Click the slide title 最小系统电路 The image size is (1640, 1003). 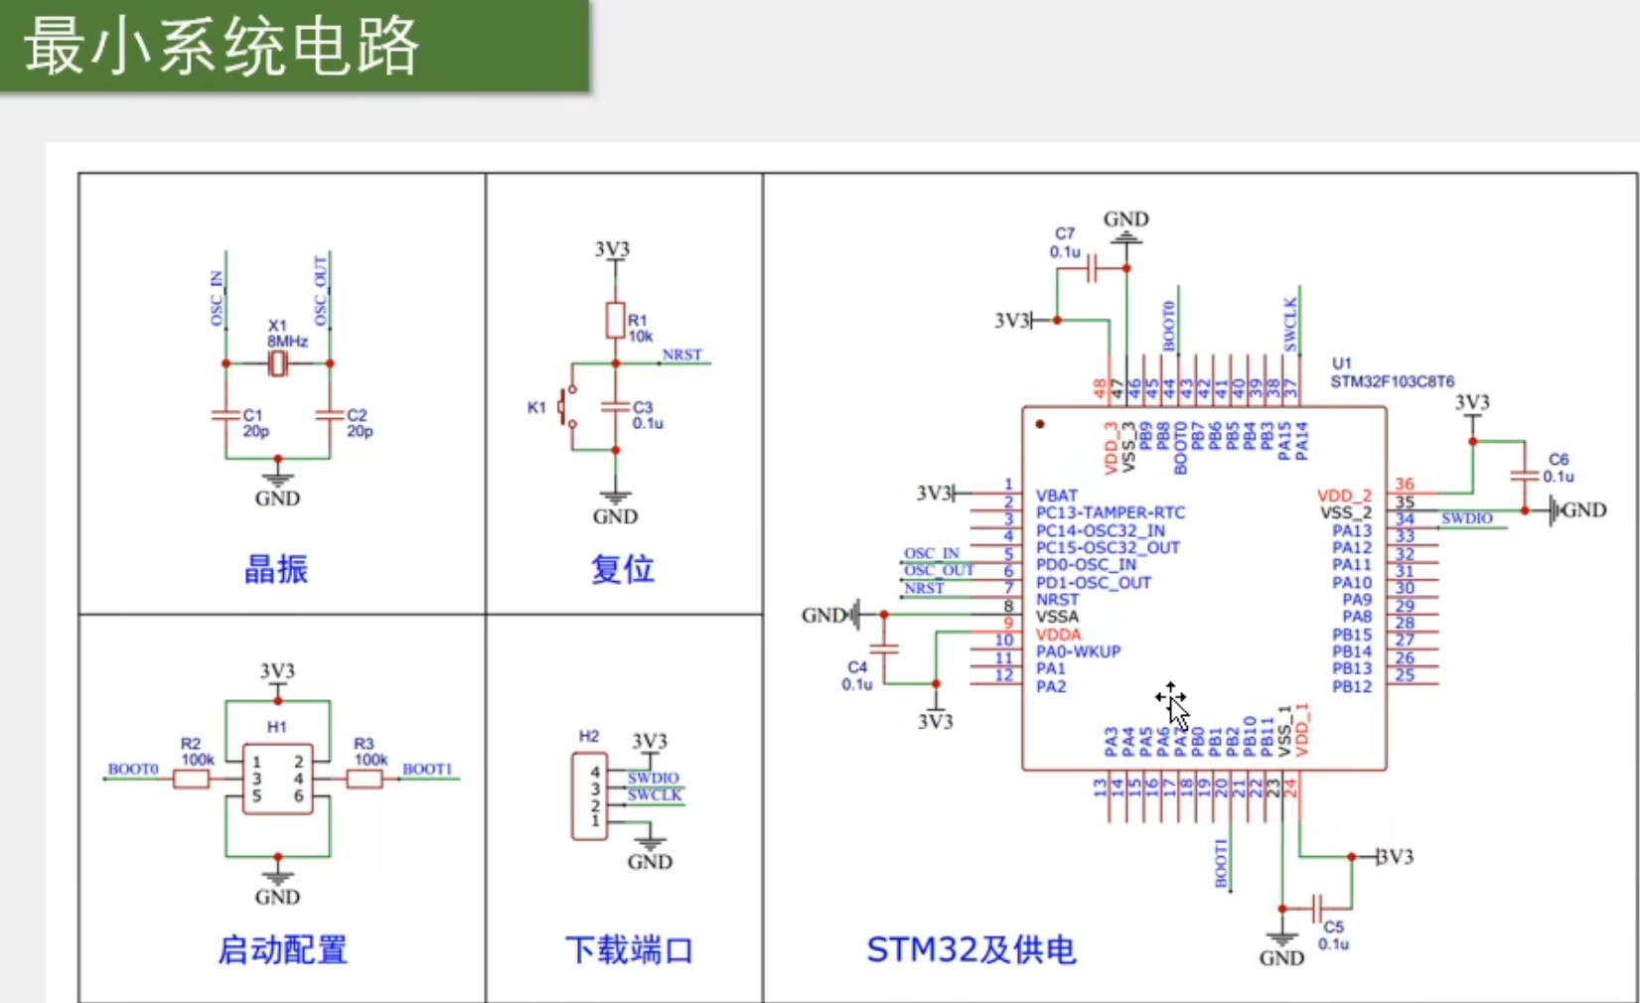pyautogui.click(x=223, y=46)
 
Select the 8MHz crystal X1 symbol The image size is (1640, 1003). pyautogui.click(x=278, y=364)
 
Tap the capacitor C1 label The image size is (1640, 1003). pyautogui.click(x=252, y=415)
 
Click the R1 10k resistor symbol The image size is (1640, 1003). pyautogui.click(x=615, y=320)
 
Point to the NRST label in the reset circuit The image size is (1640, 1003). pyautogui.click(x=681, y=355)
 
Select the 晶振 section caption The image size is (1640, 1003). pyautogui.click(x=276, y=569)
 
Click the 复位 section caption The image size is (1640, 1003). pyautogui.click(x=623, y=569)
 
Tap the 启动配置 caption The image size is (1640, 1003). pyautogui.click(x=282, y=949)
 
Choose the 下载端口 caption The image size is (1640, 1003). pyautogui.click(x=629, y=949)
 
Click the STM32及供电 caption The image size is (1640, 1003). pyautogui.click(x=970, y=949)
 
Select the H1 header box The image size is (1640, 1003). pyautogui.click(x=277, y=779)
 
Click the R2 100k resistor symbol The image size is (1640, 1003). pyautogui.click(x=191, y=780)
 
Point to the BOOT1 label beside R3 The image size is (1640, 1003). pyautogui.click(x=427, y=769)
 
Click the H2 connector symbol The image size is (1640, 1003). pyautogui.click(x=589, y=795)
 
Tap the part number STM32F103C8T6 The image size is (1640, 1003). pyautogui.click(x=1392, y=381)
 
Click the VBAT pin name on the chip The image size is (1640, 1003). pyautogui.click(x=1056, y=496)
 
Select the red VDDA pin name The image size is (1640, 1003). pyautogui.click(x=1058, y=635)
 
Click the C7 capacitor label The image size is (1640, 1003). pyautogui.click(x=1065, y=233)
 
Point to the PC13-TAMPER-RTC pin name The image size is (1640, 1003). pyautogui.click(x=1110, y=512)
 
